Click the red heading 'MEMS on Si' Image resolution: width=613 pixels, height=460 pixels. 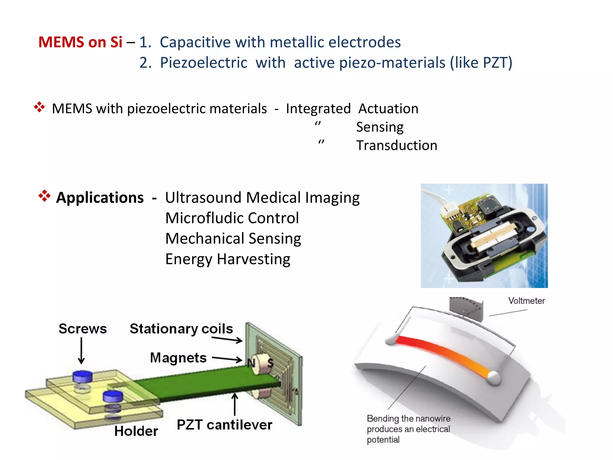80,42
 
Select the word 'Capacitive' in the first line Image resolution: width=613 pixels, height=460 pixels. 193,42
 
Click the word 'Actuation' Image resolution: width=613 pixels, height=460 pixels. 388,108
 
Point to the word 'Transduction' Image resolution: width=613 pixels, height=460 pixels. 397,146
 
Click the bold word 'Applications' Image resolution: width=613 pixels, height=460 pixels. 100,198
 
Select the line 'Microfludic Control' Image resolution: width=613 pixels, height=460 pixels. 232,218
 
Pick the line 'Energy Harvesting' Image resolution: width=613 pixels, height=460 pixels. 227,259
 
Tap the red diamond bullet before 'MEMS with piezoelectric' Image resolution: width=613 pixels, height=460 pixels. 39,107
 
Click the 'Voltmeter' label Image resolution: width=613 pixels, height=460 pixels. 526,301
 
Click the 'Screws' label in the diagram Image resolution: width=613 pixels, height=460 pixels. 83,329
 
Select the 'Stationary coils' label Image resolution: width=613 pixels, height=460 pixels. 181,329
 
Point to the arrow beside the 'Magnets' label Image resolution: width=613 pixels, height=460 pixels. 227,358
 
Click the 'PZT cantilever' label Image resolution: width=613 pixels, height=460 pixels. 224,425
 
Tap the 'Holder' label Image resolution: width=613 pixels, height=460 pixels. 136,431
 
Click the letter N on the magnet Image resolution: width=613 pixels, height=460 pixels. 251,363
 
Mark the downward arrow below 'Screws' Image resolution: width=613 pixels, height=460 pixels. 81,350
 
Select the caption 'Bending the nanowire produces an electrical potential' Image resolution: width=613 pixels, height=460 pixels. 408,429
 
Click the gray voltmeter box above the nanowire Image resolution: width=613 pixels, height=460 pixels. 466,308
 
